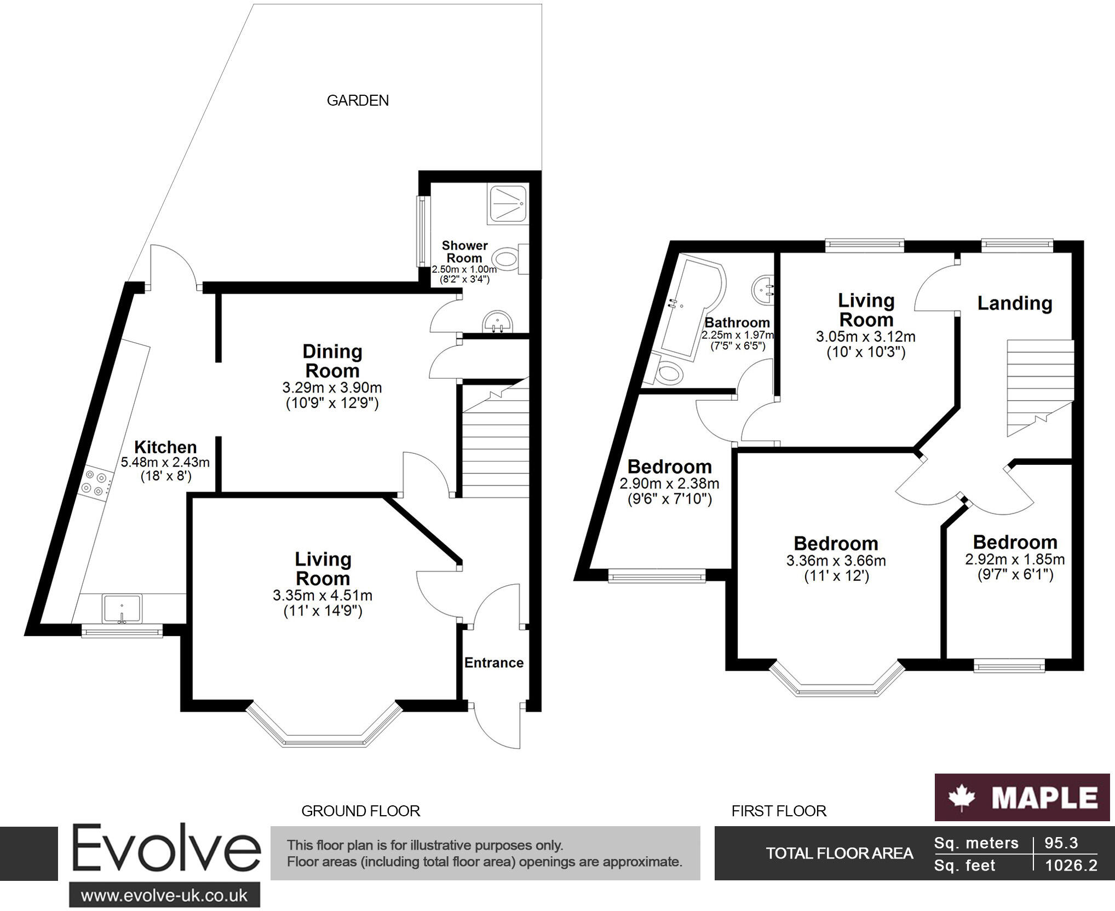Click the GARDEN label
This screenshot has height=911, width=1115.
point(358,101)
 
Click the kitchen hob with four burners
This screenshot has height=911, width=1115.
point(94,484)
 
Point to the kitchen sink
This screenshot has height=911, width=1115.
point(122,608)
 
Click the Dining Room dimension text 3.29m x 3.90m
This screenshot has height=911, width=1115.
point(332,388)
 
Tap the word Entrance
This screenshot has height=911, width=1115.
point(494,663)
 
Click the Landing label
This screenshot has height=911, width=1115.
point(1015,303)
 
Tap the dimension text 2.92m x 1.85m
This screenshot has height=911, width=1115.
point(1015,560)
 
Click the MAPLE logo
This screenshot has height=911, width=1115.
point(1022,797)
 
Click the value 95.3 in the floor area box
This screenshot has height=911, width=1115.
point(1061,843)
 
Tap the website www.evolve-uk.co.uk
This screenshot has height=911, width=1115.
point(164,896)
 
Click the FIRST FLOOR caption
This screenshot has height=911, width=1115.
point(779,811)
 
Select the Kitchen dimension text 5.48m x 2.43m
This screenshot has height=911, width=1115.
point(165,462)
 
